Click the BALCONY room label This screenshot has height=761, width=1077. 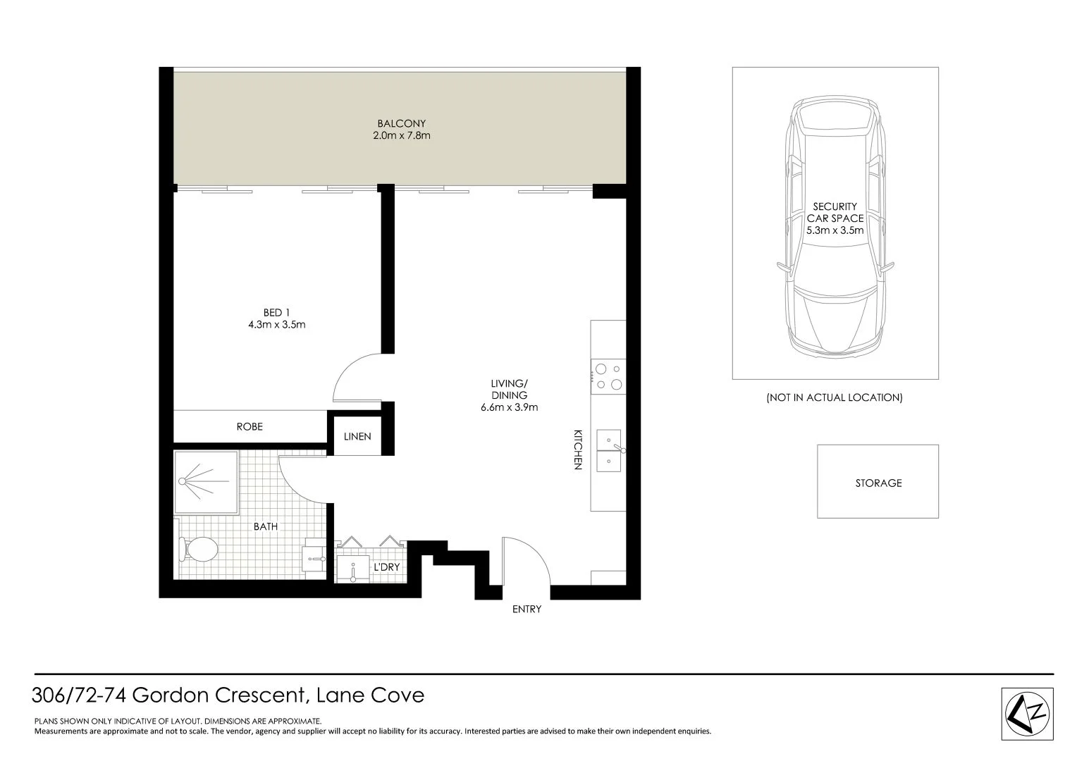401,123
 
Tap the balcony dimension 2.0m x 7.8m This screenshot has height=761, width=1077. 401,135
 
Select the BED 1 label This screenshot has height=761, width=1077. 276,312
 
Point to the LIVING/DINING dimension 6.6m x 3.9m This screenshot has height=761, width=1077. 509,407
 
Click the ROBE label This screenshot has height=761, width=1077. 250,426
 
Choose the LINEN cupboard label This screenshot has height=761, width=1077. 357,436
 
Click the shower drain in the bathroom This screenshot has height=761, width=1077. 182,481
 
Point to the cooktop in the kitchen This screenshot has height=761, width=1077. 608,376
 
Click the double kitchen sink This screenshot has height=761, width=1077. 608,450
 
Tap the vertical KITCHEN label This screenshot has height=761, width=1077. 577,449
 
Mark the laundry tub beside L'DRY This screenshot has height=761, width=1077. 352,569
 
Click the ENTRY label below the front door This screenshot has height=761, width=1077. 527,609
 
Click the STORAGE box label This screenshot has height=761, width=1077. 878,483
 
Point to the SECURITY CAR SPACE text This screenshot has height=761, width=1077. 835,212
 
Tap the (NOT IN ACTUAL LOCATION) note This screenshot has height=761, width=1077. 835,397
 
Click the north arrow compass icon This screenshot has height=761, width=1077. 1027,713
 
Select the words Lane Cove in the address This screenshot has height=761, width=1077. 371,695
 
